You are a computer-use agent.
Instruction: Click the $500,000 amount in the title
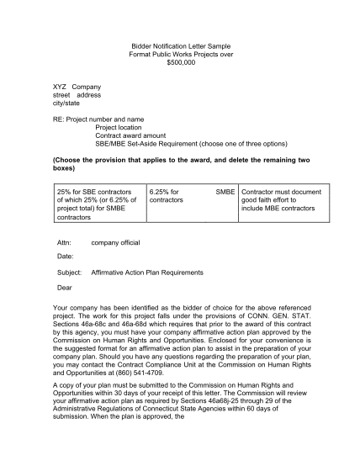pyautogui.click(x=181, y=63)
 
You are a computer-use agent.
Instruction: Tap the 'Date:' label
pyautogui.click(x=65, y=255)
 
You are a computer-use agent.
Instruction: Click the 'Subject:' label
pyautogui.click(x=68, y=273)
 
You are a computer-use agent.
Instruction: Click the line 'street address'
pyautogui.click(x=77, y=96)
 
